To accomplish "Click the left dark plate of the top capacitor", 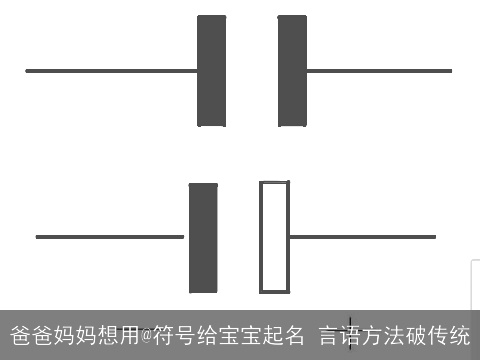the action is (212, 71).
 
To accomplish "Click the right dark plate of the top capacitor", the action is (292, 71).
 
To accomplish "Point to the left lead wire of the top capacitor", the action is (111, 71).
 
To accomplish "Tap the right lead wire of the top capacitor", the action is (378, 71).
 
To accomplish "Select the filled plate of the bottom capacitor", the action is (203, 237).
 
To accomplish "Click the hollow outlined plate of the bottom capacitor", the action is (274, 237).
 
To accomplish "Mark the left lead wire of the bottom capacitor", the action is (110, 237).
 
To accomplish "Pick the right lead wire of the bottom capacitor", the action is (362, 237).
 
